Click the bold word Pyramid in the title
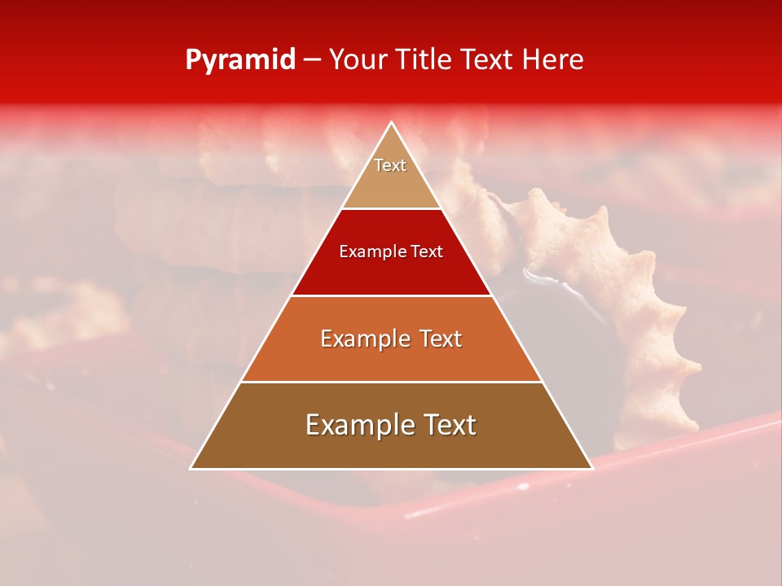coord(239,60)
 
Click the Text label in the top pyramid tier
coord(390,165)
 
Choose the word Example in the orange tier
coord(362,339)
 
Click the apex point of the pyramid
coord(392,123)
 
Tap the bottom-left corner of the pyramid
coord(191,468)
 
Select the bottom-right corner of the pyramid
coord(592,468)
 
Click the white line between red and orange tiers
coord(392,295)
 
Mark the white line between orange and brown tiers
coord(392,382)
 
